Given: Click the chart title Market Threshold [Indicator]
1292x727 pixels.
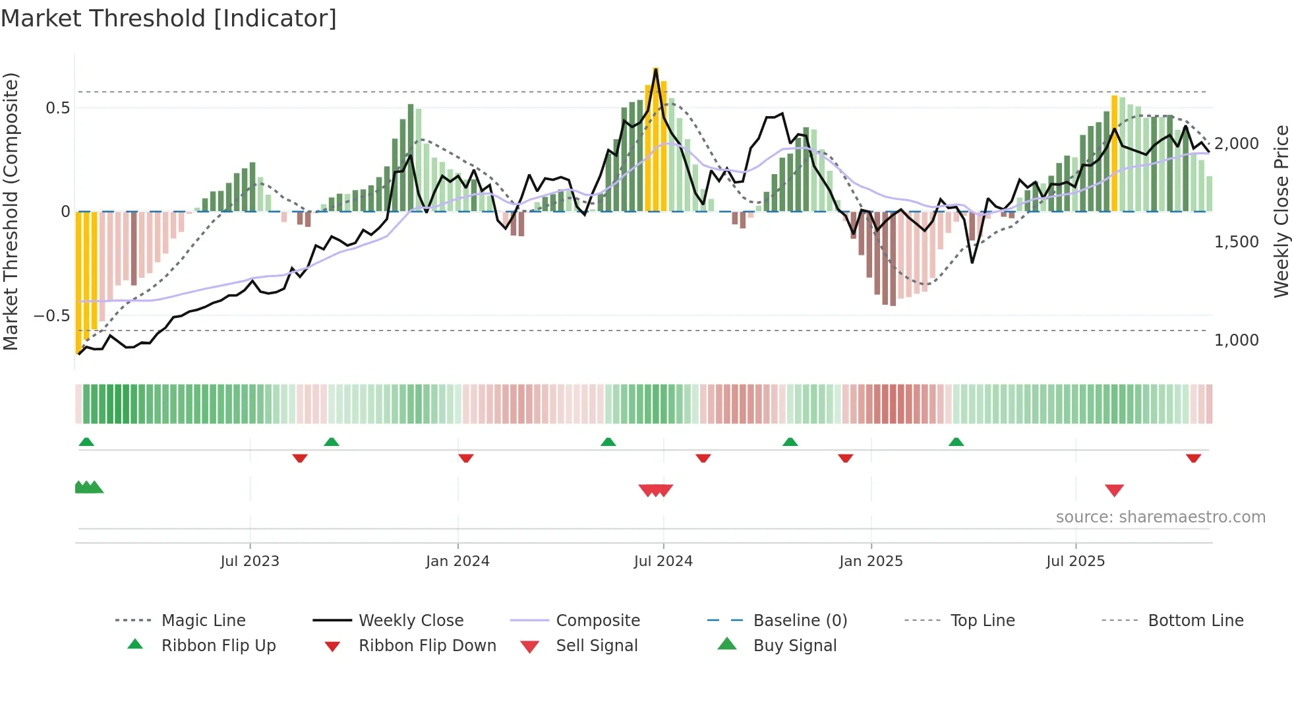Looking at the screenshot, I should point(169,18).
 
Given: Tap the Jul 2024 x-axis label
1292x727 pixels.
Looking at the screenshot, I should point(663,561).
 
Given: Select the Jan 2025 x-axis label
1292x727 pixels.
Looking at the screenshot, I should point(871,561).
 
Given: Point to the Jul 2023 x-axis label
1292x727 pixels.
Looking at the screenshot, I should point(250,561).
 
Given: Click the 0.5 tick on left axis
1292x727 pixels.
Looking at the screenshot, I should point(57,108).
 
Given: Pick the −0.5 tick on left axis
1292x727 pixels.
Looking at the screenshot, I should point(52,316).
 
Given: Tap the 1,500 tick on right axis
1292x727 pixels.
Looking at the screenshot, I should point(1236,242).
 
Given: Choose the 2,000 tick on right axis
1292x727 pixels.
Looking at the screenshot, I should point(1236,144).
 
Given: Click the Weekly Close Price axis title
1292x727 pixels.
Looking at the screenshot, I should point(1281,211).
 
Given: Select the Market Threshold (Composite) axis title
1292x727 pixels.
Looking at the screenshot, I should point(11,211).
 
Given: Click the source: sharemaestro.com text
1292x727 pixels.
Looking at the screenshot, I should point(1160,517).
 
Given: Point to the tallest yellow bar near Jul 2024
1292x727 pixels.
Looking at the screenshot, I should point(656,139).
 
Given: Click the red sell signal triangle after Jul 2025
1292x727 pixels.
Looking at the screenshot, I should point(1114,490).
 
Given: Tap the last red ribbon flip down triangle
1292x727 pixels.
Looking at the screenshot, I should point(1193,458).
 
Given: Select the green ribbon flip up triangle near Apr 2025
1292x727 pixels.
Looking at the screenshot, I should point(956,442).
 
